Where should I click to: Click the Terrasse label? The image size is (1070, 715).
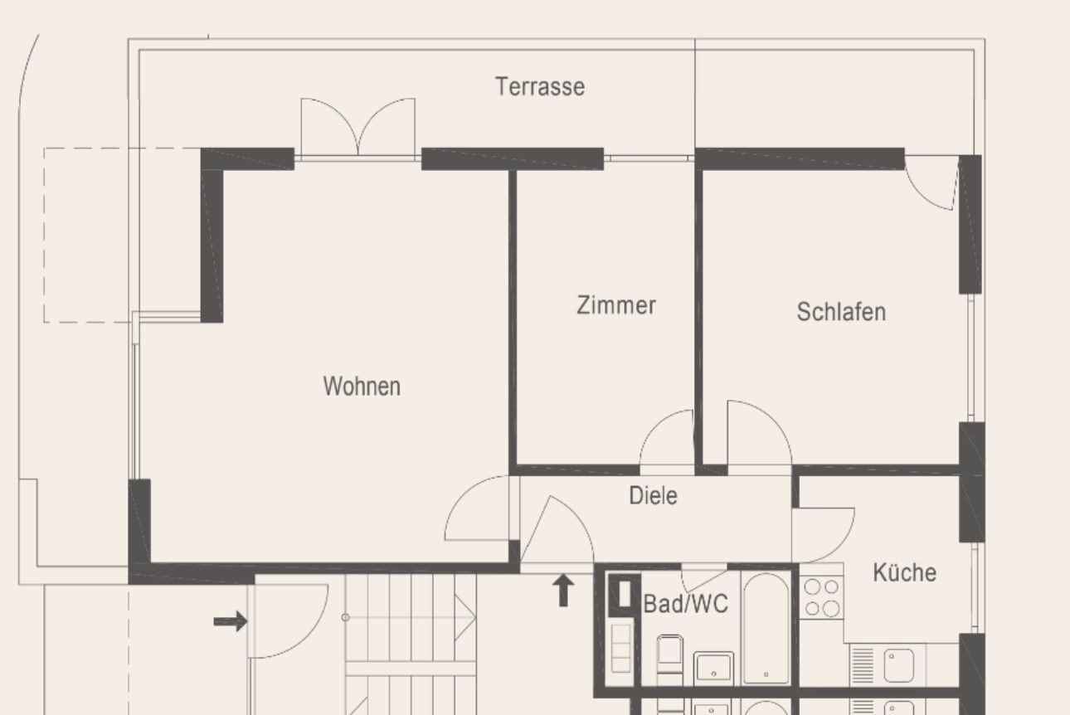coord(540,87)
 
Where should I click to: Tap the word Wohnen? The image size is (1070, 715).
coord(362,386)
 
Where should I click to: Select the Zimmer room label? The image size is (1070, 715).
coord(616,305)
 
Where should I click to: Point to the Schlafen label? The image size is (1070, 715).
coord(841,312)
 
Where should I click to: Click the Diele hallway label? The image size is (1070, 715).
coord(653,496)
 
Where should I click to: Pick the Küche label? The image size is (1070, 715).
coord(904,572)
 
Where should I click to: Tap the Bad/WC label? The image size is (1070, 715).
coord(685,604)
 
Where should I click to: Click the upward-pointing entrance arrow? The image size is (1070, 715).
coord(563,591)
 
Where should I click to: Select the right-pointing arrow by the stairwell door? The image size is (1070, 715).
coord(231,621)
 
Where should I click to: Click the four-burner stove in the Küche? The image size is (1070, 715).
coord(822,597)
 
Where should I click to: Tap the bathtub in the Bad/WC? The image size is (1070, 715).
coord(766,628)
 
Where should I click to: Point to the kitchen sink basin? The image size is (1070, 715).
coord(898,665)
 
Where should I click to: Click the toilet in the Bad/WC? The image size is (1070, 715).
coord(669,654)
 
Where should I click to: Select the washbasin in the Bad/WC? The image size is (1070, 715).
coord(713,667)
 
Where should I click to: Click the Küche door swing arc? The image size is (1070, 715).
coord(823,535)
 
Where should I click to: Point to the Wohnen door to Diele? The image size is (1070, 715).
coord(477,508)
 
